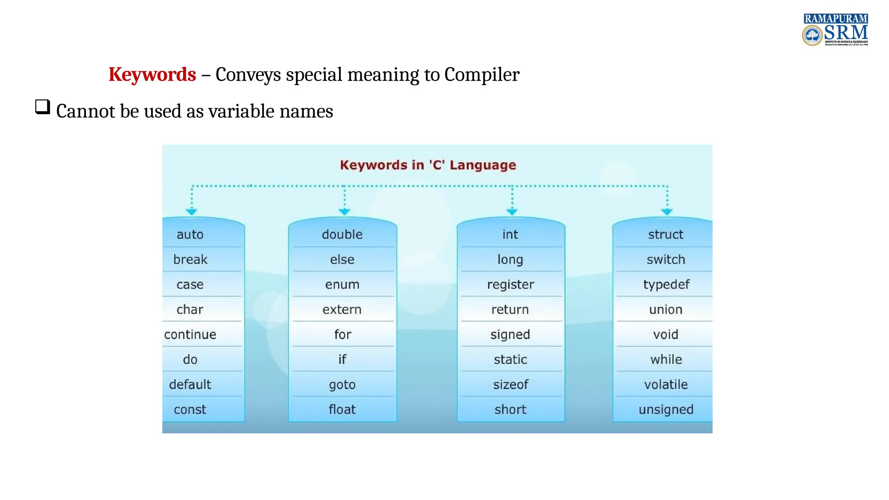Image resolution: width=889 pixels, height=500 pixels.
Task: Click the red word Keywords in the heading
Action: tap(152, 75)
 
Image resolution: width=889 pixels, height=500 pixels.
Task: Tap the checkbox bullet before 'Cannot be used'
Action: tap(43, 107)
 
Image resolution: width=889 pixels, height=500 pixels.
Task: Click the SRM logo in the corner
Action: tap(835, 30)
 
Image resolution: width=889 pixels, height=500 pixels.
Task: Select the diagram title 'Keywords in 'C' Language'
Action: tap(428, 165)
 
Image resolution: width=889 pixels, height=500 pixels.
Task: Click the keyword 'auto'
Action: tap(190, 235)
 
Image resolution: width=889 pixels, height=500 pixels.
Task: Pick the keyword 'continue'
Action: tap(190, 335)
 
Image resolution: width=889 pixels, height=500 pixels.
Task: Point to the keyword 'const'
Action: tap(190, 410)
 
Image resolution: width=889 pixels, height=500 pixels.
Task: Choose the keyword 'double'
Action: tap(342, 235)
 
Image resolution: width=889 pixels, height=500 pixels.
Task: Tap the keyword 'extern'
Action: tap(342, 310)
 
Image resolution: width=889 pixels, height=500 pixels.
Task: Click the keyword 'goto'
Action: tap(342, 385)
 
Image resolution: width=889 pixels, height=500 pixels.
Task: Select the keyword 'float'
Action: tap(342, 410)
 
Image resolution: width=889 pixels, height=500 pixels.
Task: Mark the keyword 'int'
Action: tap(510, 235)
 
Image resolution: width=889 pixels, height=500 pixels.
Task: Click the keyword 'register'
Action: tap(510, 285)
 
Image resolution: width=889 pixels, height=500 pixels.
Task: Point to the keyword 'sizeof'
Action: tap(510, 385)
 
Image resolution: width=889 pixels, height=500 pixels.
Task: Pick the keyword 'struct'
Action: tap(665, 235)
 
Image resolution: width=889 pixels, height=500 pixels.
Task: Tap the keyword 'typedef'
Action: tap(666, 285)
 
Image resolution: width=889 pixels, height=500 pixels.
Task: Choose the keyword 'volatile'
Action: tap(666, 385)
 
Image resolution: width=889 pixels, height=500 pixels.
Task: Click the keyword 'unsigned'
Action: tap(666, 410)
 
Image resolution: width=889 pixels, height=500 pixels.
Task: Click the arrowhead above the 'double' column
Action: tap(344, 211)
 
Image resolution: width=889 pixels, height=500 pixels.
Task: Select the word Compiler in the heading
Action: tap(481, 75)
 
